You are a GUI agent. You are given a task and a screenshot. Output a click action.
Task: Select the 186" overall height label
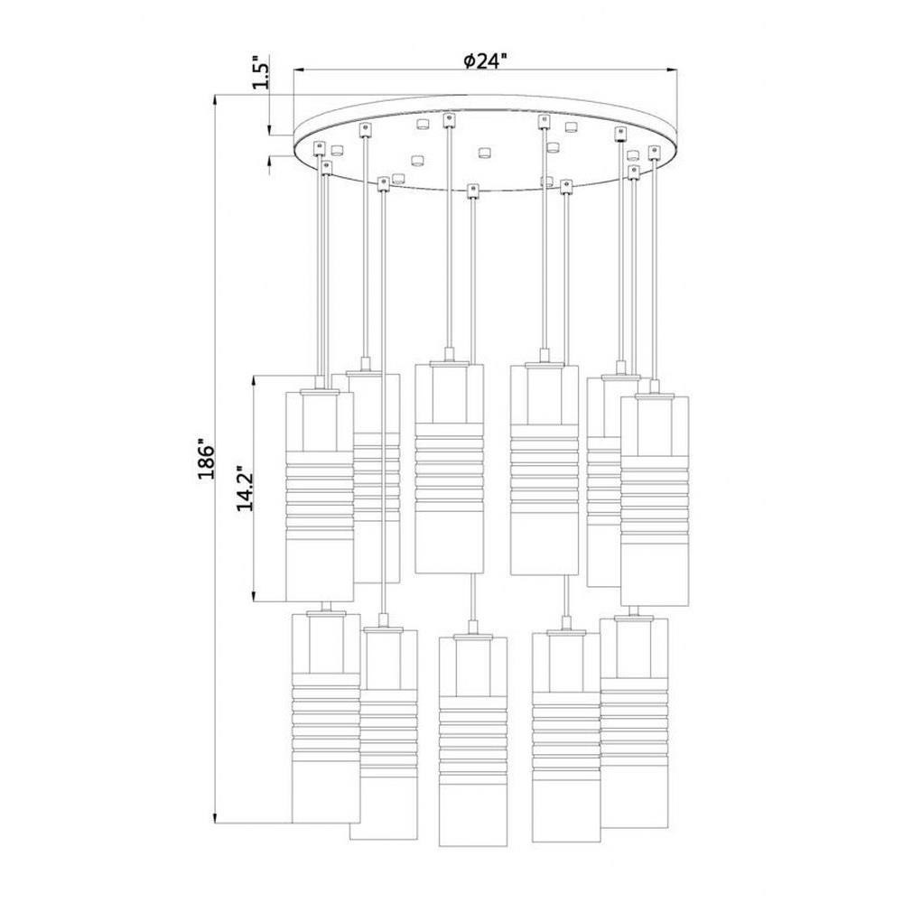(206, 461)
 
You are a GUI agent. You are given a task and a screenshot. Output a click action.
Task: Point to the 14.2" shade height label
(245, 489)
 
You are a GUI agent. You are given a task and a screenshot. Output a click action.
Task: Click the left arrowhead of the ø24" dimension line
(299, 70)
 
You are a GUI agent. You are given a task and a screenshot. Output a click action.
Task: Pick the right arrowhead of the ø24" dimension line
(672, 70)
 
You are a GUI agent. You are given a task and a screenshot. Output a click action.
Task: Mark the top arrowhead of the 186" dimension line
(216, 102)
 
